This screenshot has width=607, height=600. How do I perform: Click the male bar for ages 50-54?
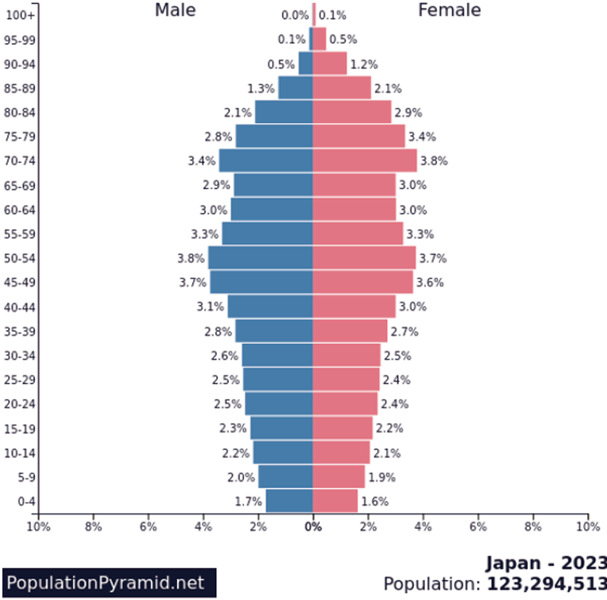(x=260, y=258)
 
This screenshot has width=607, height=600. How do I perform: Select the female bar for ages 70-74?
(x=365, y=160)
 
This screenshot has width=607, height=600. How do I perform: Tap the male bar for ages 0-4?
(x=289, y=501)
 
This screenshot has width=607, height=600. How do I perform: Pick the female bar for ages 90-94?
(x=329, y=64)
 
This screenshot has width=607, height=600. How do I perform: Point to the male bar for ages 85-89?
(x=295, y=88)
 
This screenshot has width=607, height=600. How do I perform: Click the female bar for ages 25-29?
(x=345, y=379)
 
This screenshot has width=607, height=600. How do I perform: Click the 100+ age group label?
(x=20, y=15)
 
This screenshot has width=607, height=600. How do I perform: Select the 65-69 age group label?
(x=20, y=185)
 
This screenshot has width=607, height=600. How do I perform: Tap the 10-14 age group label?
(x=20, y=452)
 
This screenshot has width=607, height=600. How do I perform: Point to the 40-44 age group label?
(x=20, y=306)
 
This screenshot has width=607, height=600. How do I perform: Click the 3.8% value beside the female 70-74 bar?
(x=434, y=160)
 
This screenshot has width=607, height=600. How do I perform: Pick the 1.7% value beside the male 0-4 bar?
(x=248, y=502)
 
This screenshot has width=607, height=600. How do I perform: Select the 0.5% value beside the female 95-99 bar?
(x=343, y=39)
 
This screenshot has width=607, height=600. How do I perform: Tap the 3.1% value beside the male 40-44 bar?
(x=210, y=306)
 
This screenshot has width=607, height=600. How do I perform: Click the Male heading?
(x=175, y=10)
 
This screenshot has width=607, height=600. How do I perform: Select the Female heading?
(x=449, y=10)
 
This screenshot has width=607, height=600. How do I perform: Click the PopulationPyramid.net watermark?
(x=108, y=582)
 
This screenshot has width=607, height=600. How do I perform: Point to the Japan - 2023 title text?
(x=546, y=562)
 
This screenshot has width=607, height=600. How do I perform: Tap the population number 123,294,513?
(x=546, y=584)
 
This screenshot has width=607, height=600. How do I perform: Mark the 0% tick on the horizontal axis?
(x=314, y=527)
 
